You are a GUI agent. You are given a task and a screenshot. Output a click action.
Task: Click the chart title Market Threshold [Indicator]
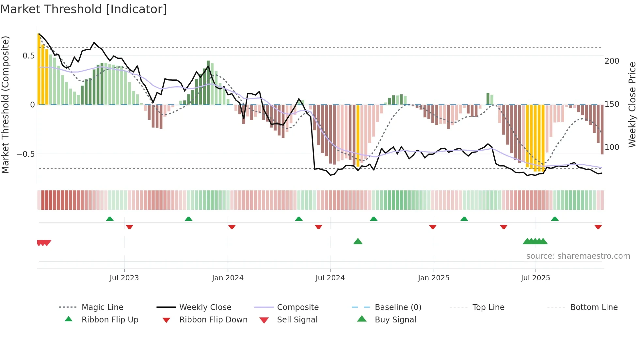84,9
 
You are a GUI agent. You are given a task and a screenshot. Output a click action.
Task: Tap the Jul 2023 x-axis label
124,278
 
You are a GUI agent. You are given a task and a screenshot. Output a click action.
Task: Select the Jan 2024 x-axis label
228,278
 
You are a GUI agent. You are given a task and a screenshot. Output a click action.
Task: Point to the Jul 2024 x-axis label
330,278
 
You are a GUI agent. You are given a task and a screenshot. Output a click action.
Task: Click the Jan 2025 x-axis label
434,278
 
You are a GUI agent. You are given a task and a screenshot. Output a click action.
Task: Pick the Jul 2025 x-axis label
536,278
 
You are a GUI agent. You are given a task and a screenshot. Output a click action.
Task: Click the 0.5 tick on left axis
29,56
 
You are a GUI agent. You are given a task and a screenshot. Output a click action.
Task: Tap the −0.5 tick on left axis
26,154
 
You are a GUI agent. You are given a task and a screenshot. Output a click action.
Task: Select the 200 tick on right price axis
612,61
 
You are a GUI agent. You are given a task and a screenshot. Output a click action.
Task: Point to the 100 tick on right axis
612,147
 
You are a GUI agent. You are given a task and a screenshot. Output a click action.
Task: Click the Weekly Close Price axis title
632,105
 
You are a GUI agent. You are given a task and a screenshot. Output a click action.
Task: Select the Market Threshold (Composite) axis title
6,105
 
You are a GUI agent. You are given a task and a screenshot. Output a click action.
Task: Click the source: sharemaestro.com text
578,256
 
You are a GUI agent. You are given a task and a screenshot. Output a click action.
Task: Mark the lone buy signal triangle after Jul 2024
358,242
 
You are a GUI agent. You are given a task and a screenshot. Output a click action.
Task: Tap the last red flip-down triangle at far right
598,227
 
